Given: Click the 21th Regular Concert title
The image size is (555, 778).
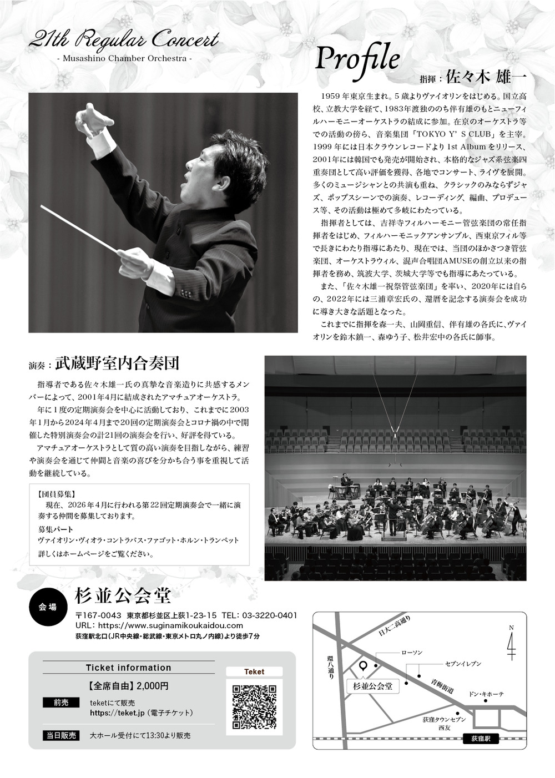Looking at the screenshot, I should [123, 41].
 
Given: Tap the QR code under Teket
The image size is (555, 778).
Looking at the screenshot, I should [254, 706].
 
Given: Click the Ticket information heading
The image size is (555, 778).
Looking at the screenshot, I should [128, 668].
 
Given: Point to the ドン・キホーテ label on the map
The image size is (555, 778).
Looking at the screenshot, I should [486, 694].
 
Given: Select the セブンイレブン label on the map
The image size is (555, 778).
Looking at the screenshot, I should [462, 664].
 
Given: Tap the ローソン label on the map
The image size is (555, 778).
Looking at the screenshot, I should [411, 653].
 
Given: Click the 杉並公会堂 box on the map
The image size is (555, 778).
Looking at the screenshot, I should [372, 686].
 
